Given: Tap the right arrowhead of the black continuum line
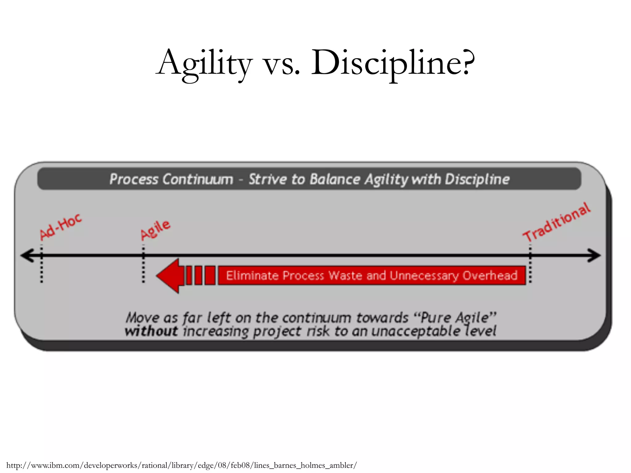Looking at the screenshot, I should click(594, 256).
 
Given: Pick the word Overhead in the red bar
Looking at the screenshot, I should click(490, 275).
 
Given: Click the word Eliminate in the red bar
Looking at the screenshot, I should click(253, 275).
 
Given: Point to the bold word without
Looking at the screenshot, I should click(151, 331).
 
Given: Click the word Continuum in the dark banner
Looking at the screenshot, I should click(198, 179).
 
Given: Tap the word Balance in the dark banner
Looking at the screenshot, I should click(335, 179).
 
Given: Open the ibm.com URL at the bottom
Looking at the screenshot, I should click(181, 465).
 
